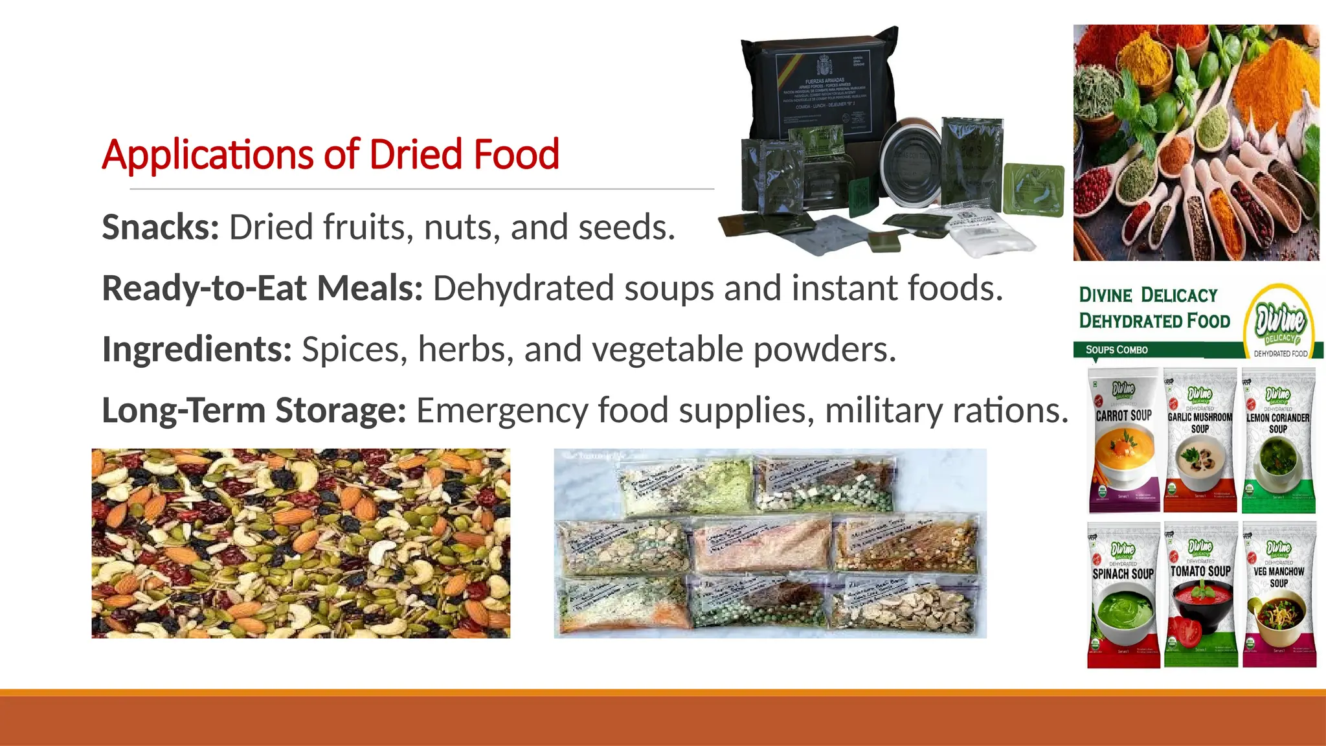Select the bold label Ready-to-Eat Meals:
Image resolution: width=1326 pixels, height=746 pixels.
(x=262, y=288)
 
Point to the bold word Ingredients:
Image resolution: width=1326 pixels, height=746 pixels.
(x=197, y=350)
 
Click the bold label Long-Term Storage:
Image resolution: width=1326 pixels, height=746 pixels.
(x=254, y=411)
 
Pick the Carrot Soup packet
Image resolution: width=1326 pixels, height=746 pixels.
(x=1124, y=440)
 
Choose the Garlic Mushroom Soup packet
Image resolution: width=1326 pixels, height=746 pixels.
(x=1200, y=440)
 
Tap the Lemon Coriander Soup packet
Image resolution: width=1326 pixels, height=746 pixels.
(x=1278, y=440)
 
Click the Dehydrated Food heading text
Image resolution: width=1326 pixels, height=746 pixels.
(x=1154, y=321)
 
